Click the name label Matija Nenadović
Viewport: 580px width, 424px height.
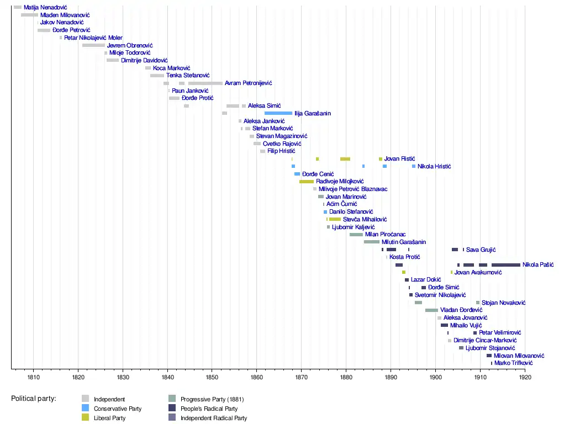pyautogui.click(x=45, y=7)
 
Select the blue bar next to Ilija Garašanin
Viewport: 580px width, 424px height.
pyautogui.click(x=278, y=113)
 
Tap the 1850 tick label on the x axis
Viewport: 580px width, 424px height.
pyautogui.click(x=212, y=378)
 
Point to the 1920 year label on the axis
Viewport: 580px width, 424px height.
pyautogui.click(x=525, y=378)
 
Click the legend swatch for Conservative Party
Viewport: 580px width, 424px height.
pyautogui.click(x=85, y=409)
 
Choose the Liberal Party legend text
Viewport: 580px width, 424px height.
pyautogui.click(x=109, y=418)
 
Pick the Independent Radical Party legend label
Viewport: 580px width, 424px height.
pyautogui.click(x=214, y=418)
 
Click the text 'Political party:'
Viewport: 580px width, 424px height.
pyautogui.click(x=34, y=399)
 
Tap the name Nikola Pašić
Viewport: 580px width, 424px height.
pyautogui.click(x=538, y=265)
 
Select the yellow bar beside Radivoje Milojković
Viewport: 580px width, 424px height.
pyautogui.click(x=307, y=181)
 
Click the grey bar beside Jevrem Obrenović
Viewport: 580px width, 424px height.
pyautogui.click(x=93, y=45)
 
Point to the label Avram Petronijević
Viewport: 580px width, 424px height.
pyautogui.click(x=248, y=83)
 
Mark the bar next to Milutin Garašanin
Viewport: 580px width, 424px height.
pyautogui.click(x=372, y=242)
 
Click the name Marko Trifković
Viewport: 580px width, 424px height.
pyautogui.click(x=513, y=363)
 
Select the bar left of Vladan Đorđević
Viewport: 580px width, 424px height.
pyautogui.click(x=431, y=310)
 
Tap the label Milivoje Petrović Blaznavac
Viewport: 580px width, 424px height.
pyautogui.click(x=353, y=189)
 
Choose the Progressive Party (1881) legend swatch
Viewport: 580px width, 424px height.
pyautogui.click(x=172, y=399)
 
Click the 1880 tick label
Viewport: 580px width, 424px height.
pyautogui.click(x=346, y=378)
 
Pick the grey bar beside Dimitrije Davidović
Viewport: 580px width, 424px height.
pyautogui.click(x=113, y=60)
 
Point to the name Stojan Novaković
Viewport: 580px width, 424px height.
pyautogui.click(x=503, y=303)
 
